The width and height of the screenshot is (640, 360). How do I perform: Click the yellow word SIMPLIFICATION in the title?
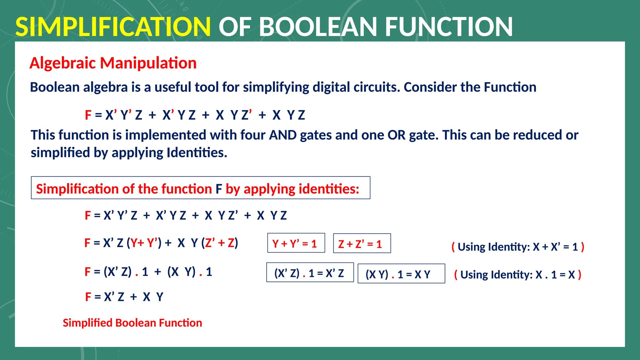click(113, 27)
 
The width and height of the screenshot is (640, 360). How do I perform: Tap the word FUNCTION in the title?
click(449, 27)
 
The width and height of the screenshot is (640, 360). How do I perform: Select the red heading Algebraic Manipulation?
click(113, 63)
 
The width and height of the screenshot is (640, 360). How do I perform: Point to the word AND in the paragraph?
click(283, 135)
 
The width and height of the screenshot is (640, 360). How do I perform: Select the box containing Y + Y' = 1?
click(296, 243)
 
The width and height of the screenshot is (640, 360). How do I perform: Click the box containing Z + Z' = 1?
click(362, 243)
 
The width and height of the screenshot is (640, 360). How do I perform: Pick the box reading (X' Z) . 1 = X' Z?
click(310, 272)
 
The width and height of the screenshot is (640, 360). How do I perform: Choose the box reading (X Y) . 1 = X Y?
click(401, 274)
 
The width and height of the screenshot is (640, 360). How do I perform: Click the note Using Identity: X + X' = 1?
click(518, 247)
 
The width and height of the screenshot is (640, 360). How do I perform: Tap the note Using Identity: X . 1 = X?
click(517, 275)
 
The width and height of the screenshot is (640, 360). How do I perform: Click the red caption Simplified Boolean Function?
click(132, 323)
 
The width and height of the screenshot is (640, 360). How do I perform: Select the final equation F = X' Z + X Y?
click(124, 297)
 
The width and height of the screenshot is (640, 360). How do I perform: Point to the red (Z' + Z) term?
click(220, 243)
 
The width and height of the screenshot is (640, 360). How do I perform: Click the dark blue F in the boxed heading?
click(219, 189)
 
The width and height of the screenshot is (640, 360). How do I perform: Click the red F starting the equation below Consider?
click(88, 115)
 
